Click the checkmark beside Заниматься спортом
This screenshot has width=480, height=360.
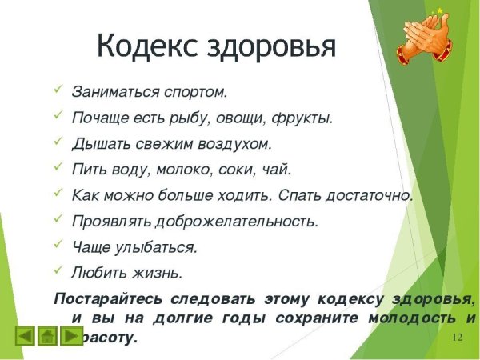click(x=58, y=90)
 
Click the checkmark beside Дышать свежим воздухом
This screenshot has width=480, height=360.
click(x=58, y=142)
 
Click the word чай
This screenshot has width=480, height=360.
click(x=278, y=170)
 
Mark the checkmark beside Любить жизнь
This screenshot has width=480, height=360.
click(x=58, y=270)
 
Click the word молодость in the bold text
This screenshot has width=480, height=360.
click(x=407, y=318)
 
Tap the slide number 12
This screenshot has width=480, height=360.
click(x=458, y=337)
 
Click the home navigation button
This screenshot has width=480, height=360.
click(x=48, y=336)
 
